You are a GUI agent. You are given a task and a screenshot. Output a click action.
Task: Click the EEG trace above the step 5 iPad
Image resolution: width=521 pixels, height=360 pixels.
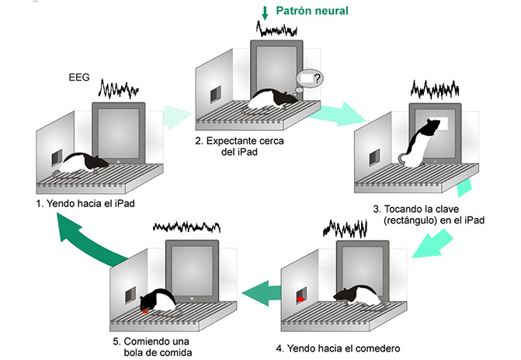(186, 227)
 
